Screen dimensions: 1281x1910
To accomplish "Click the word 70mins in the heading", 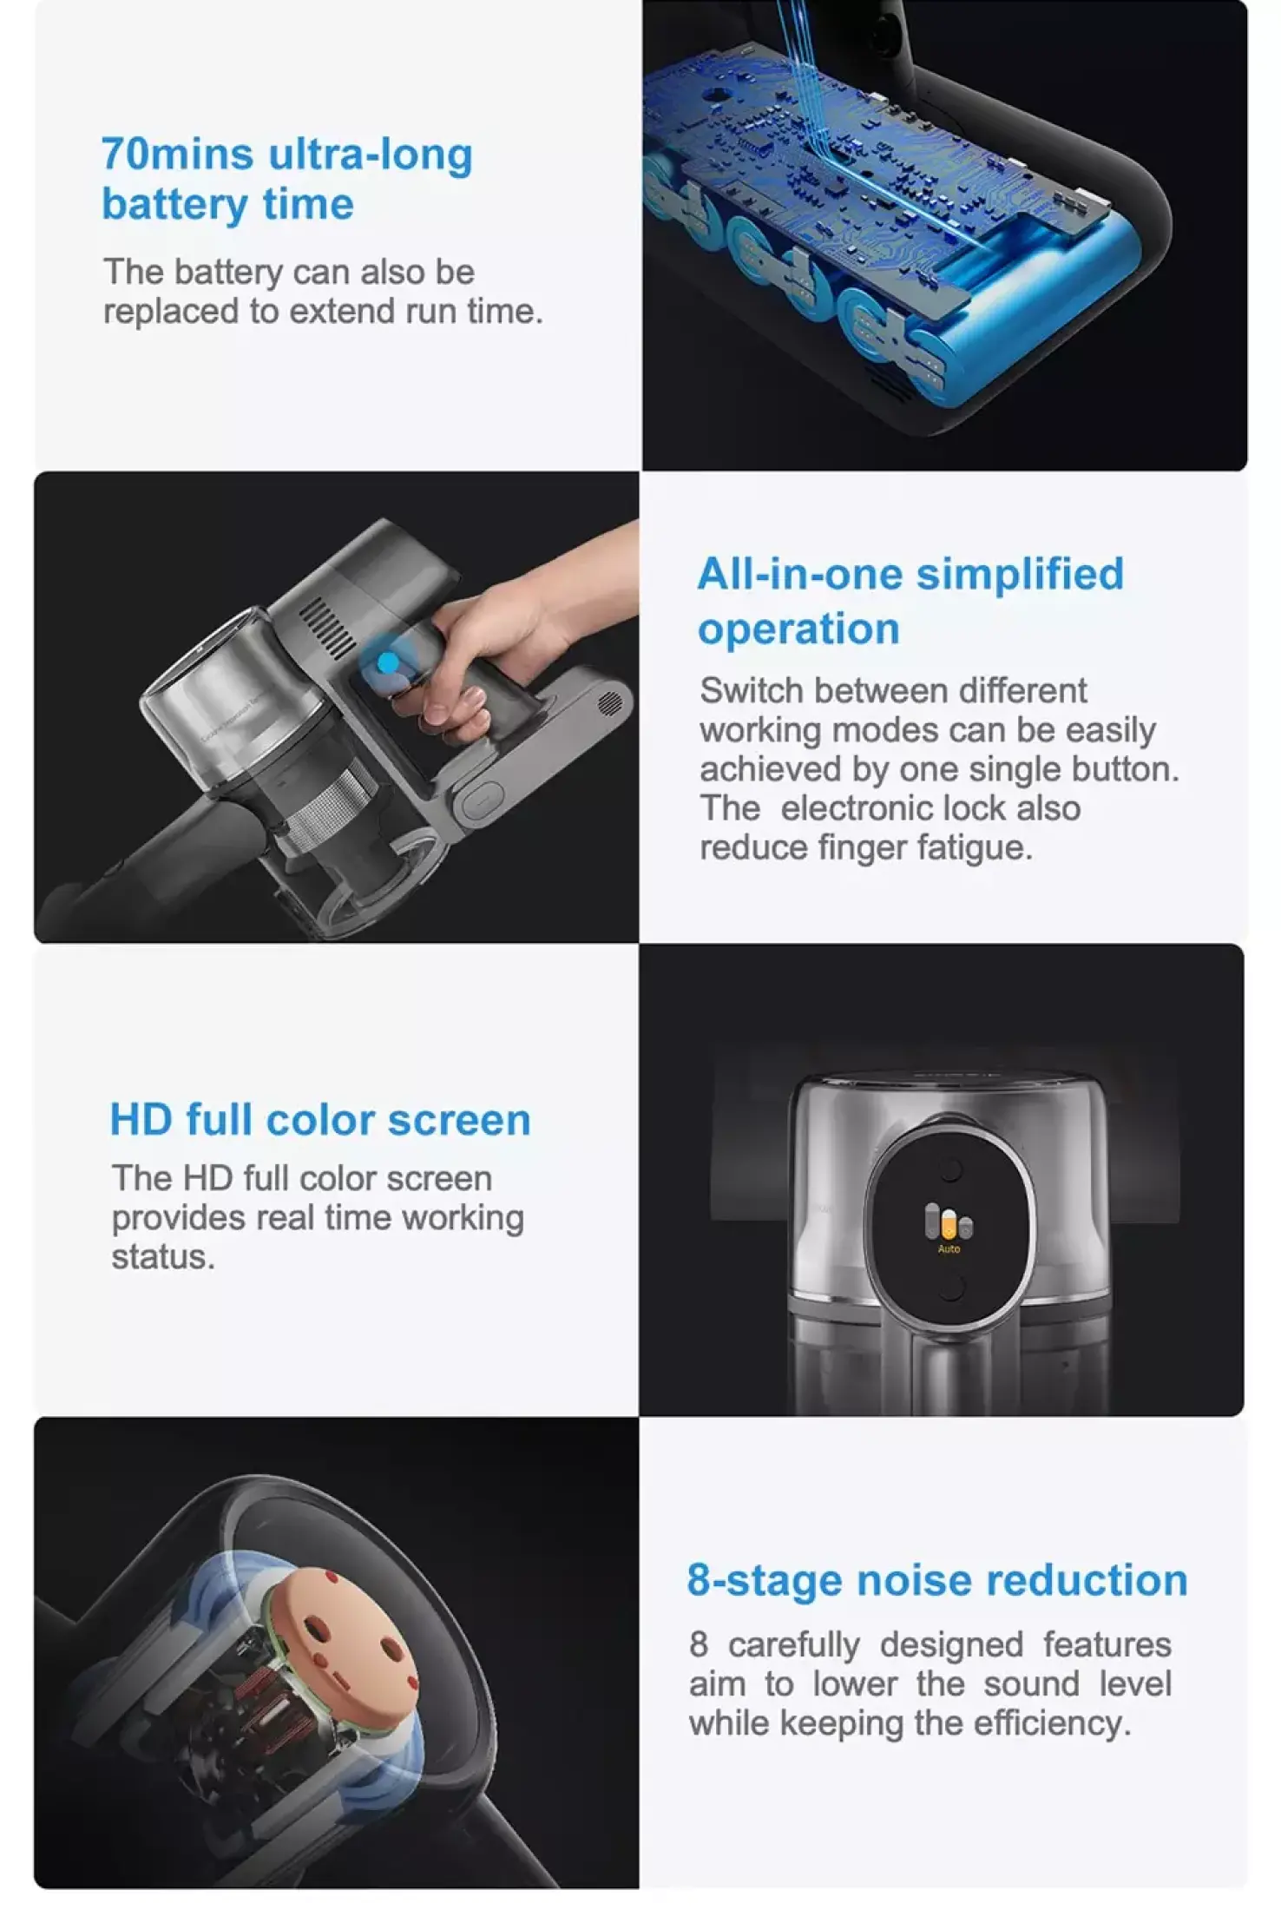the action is pos(177,155).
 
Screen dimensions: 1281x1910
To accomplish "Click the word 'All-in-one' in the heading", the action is pos(800,575).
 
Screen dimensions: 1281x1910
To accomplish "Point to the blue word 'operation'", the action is pos(798,629).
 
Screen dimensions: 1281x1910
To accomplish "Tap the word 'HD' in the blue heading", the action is pos(141,1120).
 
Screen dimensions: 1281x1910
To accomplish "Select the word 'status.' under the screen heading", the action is pos(163,1257).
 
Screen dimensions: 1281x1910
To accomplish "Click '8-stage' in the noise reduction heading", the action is pos(765,1581).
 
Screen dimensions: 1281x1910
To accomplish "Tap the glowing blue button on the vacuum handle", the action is pos(388,663).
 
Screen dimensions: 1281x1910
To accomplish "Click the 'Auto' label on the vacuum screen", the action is pos(949,1249).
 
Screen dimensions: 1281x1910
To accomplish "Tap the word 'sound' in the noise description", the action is pos(1031,1684).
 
